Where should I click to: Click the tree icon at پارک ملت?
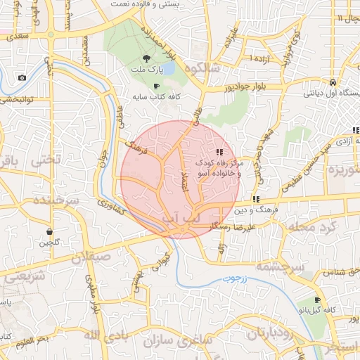(146, 59)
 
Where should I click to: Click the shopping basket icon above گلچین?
(49, 231)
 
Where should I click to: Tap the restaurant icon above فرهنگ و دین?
(256, 198)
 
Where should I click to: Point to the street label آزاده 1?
(260, 56)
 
